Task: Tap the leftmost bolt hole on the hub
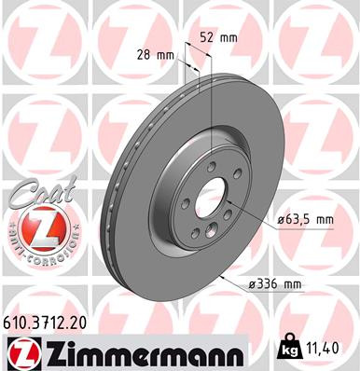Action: click(186, 203)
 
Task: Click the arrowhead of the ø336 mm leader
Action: click(221, 276)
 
